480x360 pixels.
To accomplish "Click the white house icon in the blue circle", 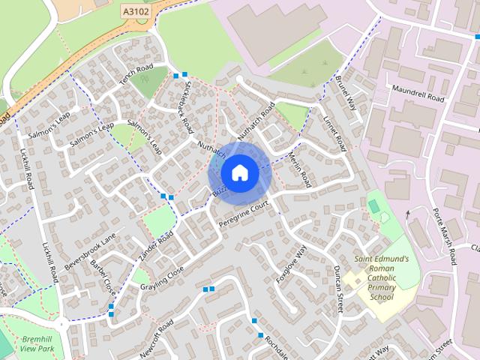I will point(239,172).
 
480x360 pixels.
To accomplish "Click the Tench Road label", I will point(136,75).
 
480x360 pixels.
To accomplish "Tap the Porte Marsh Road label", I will point(445,232).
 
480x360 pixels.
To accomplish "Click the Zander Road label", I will point(156,245).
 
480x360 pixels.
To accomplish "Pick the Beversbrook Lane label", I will point(91,251).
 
